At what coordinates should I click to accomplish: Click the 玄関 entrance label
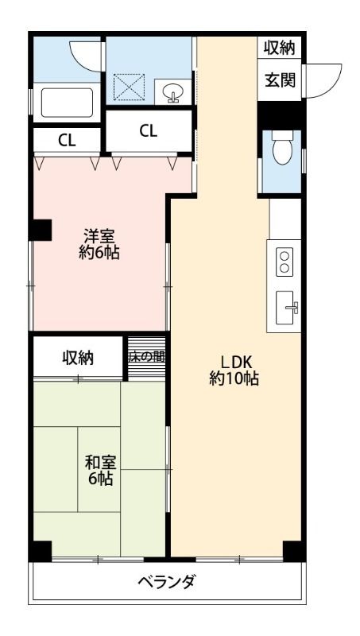(x=281, y=81)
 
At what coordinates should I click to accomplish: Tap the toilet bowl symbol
(x=282, y=148)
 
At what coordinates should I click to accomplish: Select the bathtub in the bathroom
(x=67, y=103)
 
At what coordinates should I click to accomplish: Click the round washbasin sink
(x=172, y=92)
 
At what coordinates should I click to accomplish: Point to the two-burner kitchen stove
(x=285, y=262)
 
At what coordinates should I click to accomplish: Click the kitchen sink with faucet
(x=287, y=308)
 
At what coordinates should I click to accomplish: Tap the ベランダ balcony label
(x=166, y=583)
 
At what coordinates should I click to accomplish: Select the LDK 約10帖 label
(x=234, y=370)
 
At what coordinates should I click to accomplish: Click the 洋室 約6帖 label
(x=99, y=244)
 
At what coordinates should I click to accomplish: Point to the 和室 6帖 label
(x=101, y=471)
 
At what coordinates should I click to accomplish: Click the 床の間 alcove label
(x=146, y=357)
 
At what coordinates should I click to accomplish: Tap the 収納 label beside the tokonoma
(x=78, y=358)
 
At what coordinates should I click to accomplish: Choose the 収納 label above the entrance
(x=279, y=48)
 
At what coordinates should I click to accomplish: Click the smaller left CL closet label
(x=67, y=141)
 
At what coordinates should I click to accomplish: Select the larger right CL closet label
(x=149, y=130)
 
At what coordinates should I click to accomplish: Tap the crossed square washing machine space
(x=129, y=87)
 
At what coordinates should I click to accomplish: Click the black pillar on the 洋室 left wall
(x=41, y=230)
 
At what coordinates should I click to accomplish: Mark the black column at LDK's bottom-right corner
(x=294, y=551)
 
